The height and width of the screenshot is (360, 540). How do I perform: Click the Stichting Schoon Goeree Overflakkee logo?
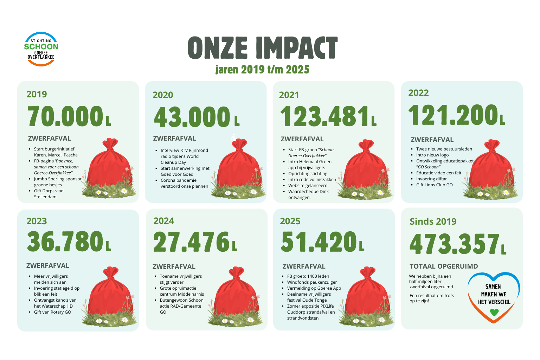pyautogui.click(x=41, y=49)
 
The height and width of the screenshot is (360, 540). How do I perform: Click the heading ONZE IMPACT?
pyautogui.click(x=263, y=48)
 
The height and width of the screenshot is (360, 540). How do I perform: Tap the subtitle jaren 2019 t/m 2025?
pyautogui.click(x=262, y=70)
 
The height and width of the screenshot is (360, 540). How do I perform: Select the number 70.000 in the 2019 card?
pyautogui.click(x=65, y=116)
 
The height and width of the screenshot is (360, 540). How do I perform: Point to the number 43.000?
pyautogui.click(x=192, y=117)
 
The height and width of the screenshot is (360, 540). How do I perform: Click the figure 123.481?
pyautogui.click(x=324, y=116)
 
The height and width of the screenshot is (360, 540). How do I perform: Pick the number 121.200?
pyautogui.click(x=453, y=115)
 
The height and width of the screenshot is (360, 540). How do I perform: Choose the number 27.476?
pyautogui.click(x=191, y=242)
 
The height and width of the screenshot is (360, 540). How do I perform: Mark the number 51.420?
pyautogui.click(x=319, y=242)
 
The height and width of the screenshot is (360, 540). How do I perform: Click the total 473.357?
pyautogui.click(x=455, y=244)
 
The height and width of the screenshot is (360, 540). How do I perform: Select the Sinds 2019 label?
pyautogui.click(x=433, y=221)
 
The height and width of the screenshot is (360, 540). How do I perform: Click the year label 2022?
pyautogui.click(x=418, y=93)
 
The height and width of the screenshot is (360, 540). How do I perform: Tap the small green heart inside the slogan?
pyautogui.click(x=494, y=312)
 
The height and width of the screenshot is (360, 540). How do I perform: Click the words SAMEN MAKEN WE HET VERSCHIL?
pyautogui.click(x=494, y=294)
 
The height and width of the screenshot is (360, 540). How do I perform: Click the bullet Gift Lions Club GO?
pyautogui.click(x=435, y=185)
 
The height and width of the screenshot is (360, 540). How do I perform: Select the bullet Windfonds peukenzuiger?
pyautogui.click(x=312, y=282)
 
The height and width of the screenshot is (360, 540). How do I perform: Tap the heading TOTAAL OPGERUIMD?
pyautogui.click(x=444, y=266)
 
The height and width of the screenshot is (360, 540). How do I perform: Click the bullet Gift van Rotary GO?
pyautogui.click(x=52, y=312)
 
